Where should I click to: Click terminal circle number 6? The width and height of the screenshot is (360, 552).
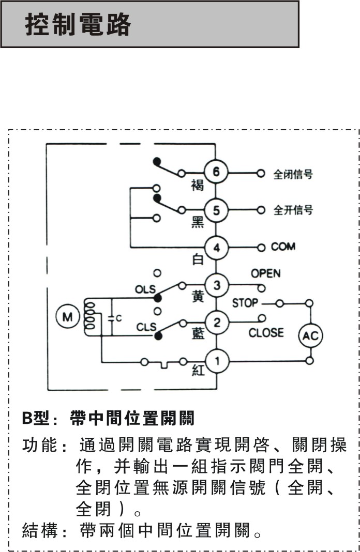(x=217, y=173)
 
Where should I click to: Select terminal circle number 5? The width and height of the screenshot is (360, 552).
(x=217, y=210)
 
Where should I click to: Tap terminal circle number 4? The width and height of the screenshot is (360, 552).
(x=217, y=248)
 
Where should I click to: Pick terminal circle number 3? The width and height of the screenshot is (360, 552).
(x=217, y=285)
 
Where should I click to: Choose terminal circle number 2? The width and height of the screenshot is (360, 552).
(x=217, y=323)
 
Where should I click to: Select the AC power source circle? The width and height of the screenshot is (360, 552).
(x=310, y=336)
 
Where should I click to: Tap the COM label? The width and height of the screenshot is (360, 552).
(x=283, y=247)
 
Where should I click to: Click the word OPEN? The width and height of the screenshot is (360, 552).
(x=265, y=273)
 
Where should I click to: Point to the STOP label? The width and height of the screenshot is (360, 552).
(x=245, y=303)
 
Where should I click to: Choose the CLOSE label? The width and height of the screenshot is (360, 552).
(x=266, y=333)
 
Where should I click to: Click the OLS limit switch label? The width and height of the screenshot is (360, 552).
(x=145, y=289)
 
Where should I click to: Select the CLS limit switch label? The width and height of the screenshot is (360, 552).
(x=146, y=327)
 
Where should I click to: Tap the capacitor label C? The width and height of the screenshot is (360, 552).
(x=118, y=319)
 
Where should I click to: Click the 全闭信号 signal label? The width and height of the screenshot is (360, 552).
(x=293, y=174)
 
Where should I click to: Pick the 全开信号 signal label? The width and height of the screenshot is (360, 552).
(x=293, y=211)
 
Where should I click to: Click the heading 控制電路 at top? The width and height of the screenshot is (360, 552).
(x=78, y=24)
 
